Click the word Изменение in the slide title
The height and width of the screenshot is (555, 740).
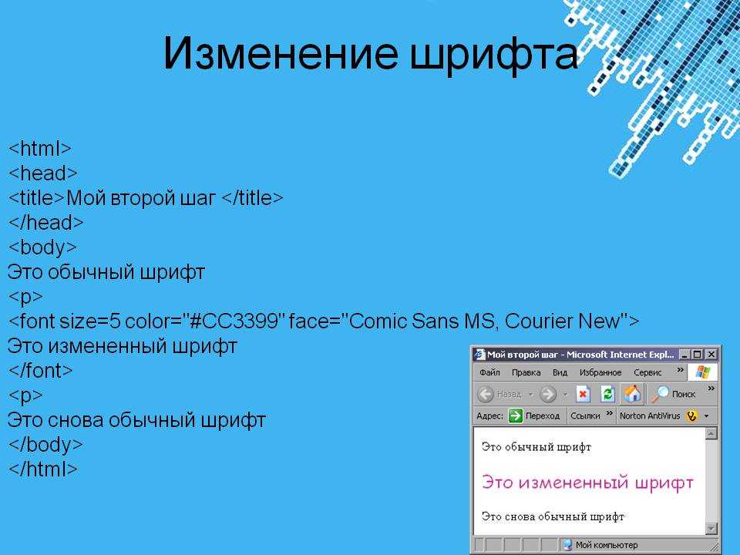click(x=281, y=53)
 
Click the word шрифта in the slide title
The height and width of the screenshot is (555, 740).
click(x=493, y=55)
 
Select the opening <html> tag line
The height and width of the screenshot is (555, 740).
click(x=39, y=149)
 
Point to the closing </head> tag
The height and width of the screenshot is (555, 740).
click(x=45, y=222)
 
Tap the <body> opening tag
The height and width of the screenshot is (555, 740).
click(x=42, y=247)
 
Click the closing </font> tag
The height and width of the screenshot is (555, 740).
click(x=41, y=371)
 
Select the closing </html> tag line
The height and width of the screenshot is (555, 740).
click(x=43, y=469)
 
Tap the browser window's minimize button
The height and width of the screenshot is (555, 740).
click(x=684, y=354)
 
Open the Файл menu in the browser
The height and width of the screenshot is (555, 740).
click(x=489, y=372)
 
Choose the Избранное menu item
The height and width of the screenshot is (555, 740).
click(x=600, y=372)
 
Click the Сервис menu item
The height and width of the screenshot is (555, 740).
click(x=647, y=372)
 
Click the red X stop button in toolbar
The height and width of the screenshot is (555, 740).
click(x=583, y=394)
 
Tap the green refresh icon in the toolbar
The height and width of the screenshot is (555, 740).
click(x=607, y=394)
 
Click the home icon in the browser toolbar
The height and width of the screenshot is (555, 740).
click(x=632, y=393)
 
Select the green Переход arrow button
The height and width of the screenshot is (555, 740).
click(x=516, y=415)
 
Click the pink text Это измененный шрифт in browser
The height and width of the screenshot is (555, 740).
click(x=587, y=483)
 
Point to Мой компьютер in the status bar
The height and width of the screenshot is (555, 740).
click(x=607, y=545)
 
